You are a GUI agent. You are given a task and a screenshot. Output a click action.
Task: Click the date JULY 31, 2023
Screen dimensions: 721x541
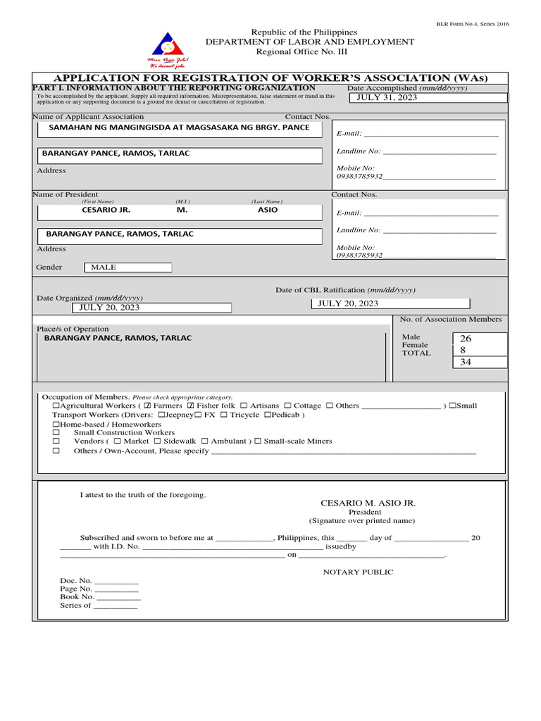[x=387, y=97]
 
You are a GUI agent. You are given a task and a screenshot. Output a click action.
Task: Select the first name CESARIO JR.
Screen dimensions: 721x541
[x=106, y=210]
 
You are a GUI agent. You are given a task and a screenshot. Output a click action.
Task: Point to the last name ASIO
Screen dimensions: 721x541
[x=268, y=210]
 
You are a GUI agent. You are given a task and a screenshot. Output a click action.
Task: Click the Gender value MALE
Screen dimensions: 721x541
[x=104, y=268]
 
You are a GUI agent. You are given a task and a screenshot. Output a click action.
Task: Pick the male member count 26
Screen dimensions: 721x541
[x=466, y=339]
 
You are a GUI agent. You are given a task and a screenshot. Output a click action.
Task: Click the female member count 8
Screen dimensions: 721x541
[x=463, y=350]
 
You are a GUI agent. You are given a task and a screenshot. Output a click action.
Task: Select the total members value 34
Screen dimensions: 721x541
[x=466, y=362]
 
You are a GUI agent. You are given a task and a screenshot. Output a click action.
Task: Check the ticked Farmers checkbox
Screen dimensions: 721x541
[x=148, y=406]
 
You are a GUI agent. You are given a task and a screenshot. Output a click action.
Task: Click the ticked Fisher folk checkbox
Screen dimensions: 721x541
[x=190, y=406]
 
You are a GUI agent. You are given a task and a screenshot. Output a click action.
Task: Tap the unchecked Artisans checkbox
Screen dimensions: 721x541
[x=244, y=406]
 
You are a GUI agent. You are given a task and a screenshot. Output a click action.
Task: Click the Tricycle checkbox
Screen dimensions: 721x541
[x=224, y=415]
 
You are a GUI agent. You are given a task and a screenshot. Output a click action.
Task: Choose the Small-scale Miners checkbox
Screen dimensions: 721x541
[x=258, y=441]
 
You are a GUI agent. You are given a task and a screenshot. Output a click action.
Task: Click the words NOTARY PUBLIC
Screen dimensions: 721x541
[x=358, y=572]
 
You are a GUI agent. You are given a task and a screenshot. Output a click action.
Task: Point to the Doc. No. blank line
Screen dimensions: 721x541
[x=116, y=582]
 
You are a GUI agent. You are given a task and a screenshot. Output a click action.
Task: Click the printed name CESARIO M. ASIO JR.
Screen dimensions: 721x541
[x=368, y=503]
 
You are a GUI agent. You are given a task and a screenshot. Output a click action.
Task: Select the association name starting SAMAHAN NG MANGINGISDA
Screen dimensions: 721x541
[x=178, y=127]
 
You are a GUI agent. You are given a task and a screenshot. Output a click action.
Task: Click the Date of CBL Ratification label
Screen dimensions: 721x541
[x=345, y=290]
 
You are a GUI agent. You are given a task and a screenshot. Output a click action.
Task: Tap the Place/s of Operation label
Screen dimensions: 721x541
[x=73, y=329]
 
